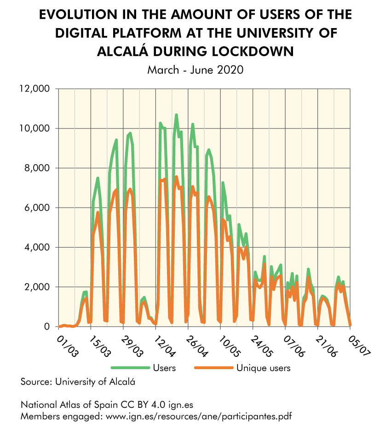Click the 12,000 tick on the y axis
[36, 88]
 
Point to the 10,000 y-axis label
[36, 128]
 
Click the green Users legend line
[131, 368]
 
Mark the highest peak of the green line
[176, 115]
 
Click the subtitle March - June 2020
[195, 70]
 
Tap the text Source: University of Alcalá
[78, 382]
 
